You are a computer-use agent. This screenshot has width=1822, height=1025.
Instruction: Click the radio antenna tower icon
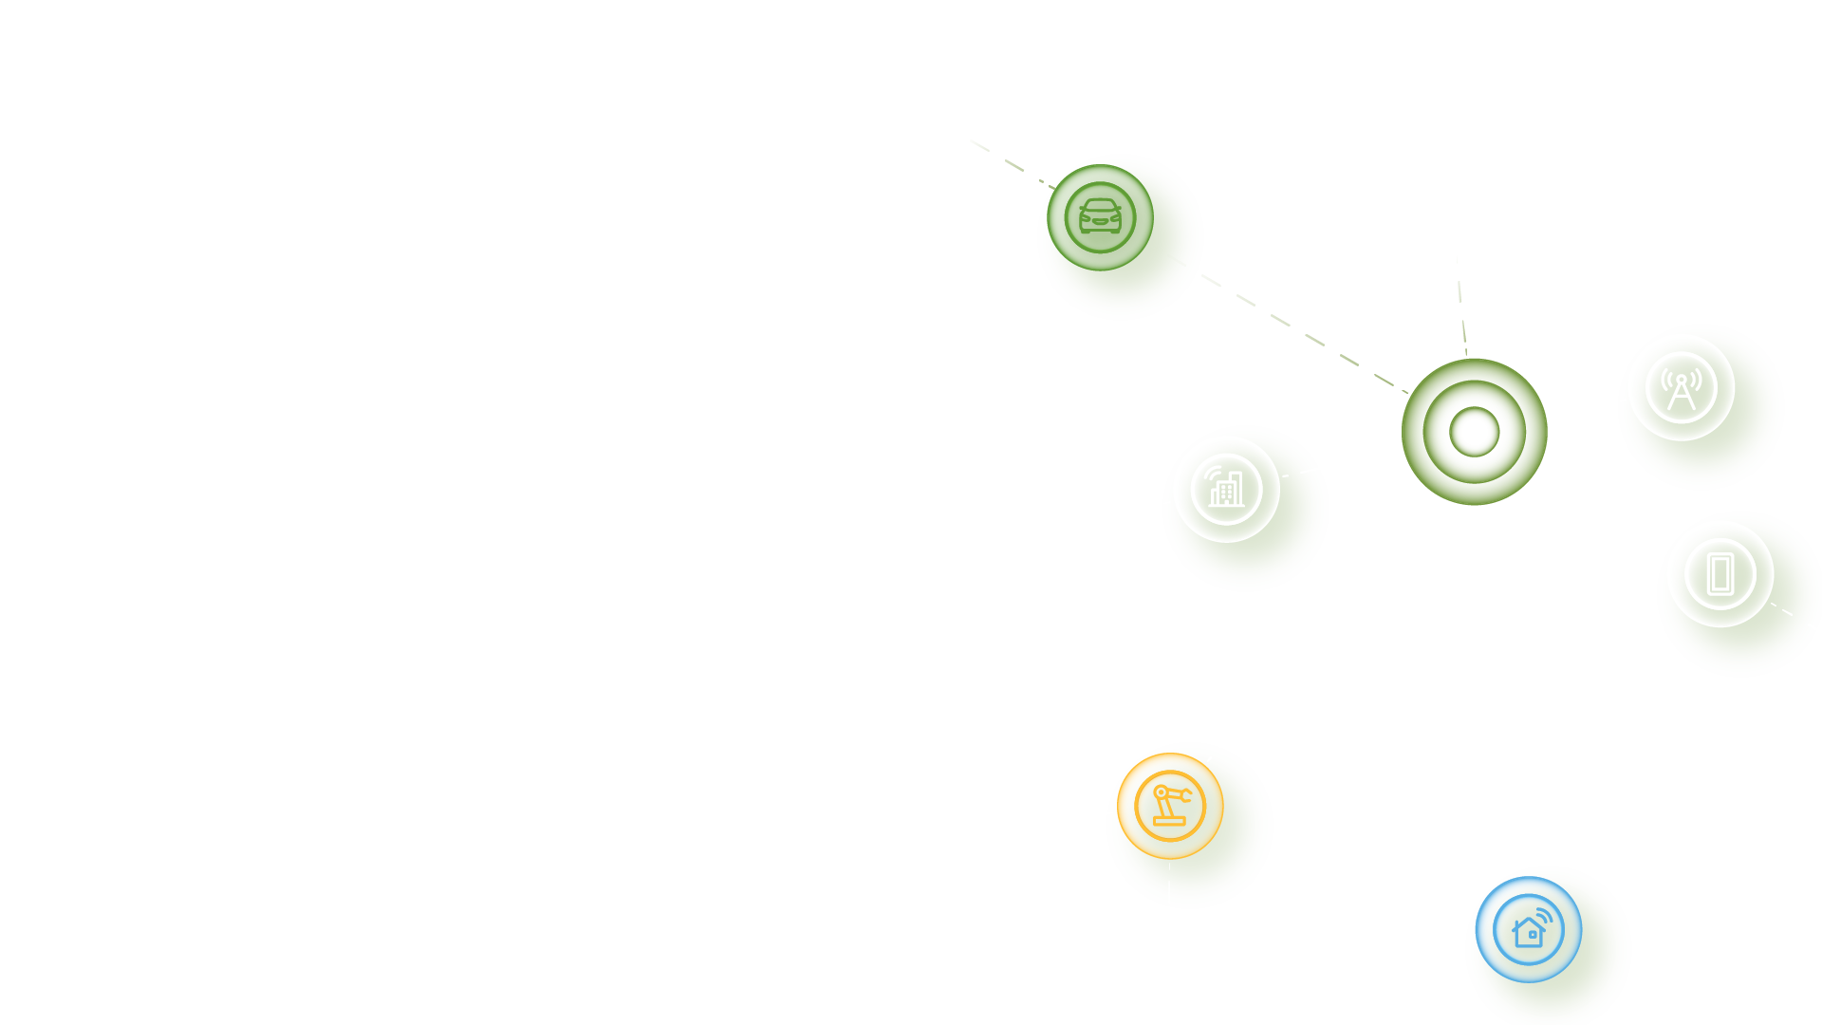1682,388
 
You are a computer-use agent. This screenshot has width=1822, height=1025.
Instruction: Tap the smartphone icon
1720,574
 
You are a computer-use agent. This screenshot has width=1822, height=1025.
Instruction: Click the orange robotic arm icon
1170,806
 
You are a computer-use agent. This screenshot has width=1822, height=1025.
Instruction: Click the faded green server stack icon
1100,217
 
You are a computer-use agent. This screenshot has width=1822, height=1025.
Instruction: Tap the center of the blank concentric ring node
1474,432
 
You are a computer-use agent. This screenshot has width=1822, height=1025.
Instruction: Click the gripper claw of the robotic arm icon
1186,796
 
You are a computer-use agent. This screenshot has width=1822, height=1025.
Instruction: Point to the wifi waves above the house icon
1545,916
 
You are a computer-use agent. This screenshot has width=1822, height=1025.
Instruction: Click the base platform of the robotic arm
1169,822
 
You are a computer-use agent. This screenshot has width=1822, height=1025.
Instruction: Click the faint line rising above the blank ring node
1461,304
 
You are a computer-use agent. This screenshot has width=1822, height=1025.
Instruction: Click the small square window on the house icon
1532,935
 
